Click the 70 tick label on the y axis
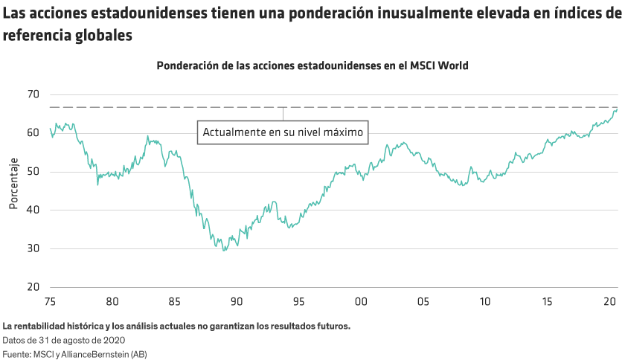(x=33, y=94)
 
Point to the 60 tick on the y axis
(x=33, y=133)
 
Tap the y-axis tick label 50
(x=33, y=172)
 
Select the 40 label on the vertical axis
(x=33, y=210)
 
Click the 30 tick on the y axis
(x=33, y=249)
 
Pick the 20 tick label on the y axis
(x=33, y=288)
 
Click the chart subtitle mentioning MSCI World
(x=312, y=65)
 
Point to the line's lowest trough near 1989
(x=225, y=250)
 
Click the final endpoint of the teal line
(x=617, y=109)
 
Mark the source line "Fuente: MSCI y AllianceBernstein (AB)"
(x=74, y=354)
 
